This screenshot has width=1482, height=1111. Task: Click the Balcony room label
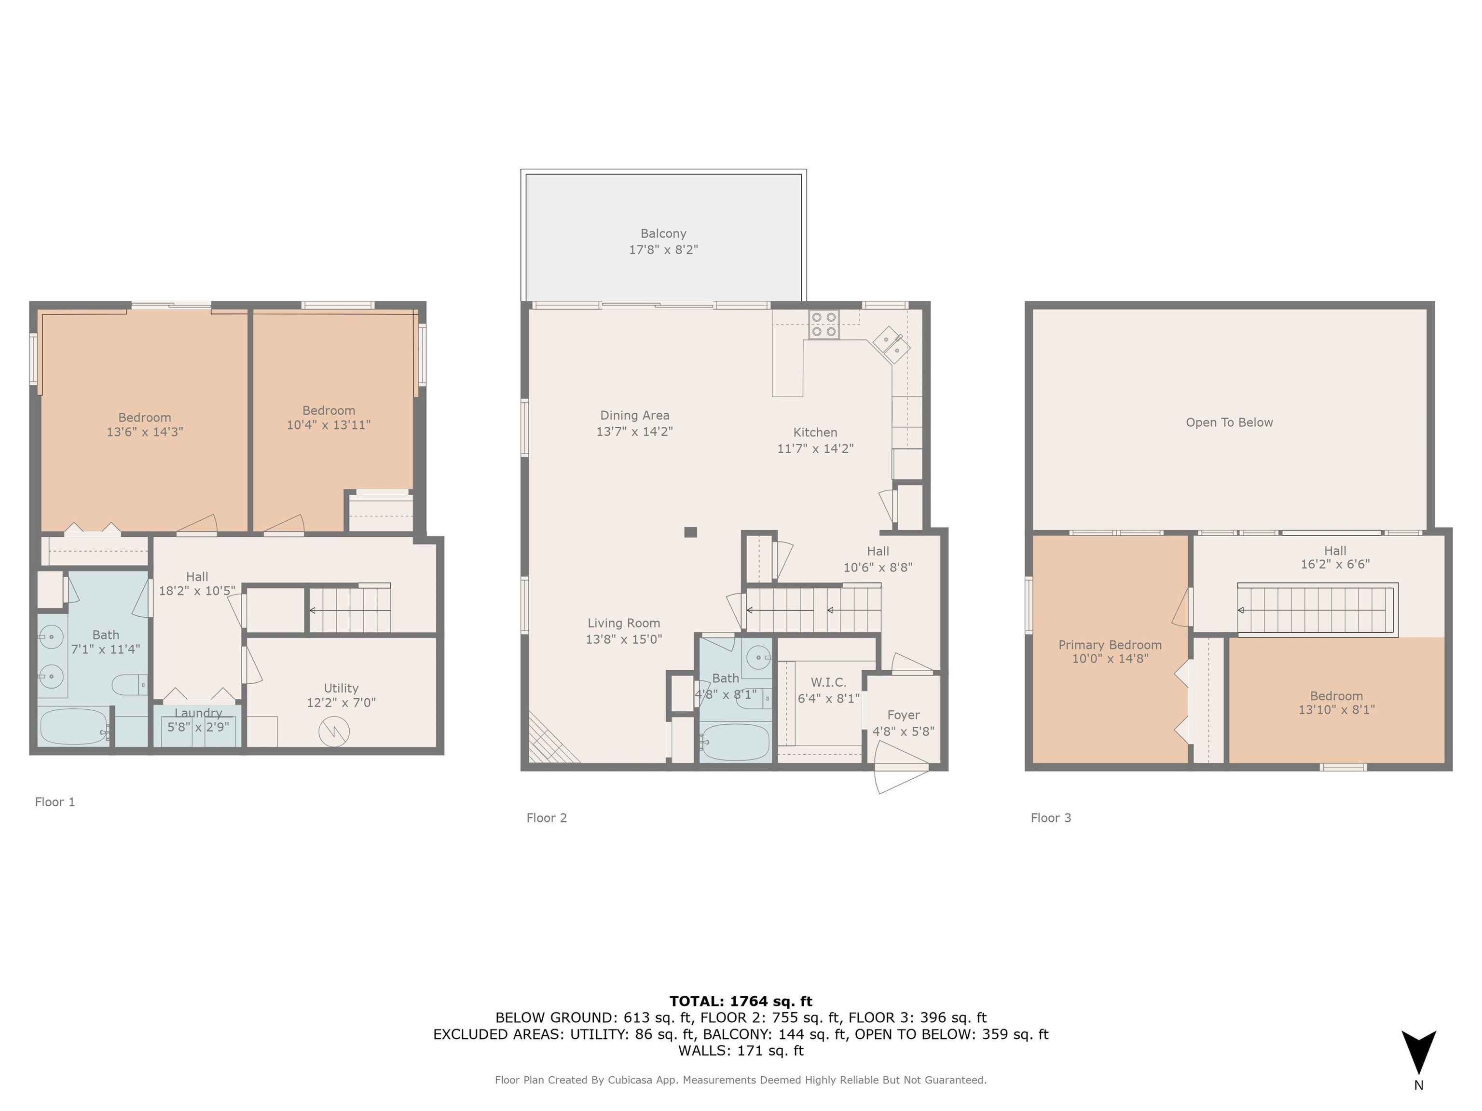click(x=663, y=234)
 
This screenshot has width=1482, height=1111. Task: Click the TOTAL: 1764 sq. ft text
click(x=741, y=1001)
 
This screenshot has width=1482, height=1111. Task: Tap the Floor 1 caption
click(x=55, y=801)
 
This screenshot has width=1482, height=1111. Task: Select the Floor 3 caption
click(x=1051, y=818)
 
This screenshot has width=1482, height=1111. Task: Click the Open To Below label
click(x=1229, y=422)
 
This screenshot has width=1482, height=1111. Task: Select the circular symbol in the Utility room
click(x=334, y=732)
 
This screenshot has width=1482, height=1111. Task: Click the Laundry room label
click(x=198, y=713)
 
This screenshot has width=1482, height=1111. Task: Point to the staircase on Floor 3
click(x=1317, y=610)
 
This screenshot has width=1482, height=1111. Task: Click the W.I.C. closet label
click(x=828, y=682)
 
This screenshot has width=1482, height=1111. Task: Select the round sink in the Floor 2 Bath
click(x=758, y=656)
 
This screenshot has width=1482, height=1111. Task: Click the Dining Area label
click(x=634, y=416)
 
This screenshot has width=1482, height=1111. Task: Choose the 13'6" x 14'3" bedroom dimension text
click(x=145, y=433)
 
